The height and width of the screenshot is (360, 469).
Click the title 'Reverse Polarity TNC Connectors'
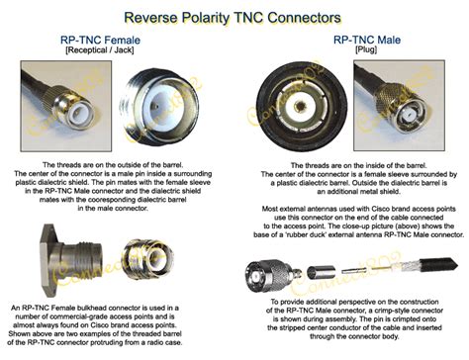(x=234, y=15)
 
